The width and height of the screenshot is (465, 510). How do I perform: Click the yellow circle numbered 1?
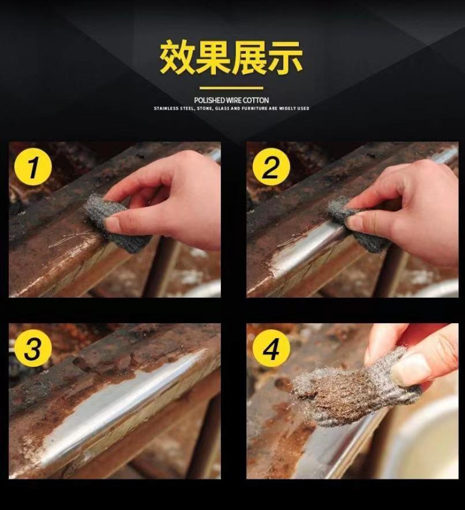[33, 167]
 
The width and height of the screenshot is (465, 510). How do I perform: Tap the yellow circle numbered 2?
[271, 167]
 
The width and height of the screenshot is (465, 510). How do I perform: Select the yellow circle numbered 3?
[33, 348]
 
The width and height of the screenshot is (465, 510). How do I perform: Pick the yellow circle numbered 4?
[271, 348]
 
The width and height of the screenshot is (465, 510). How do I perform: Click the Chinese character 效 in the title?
[178, 58]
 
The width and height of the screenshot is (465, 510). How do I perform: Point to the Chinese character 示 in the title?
[285, 58]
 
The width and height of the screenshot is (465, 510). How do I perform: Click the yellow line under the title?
[231, 88]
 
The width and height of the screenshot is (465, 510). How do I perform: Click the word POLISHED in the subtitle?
[209, 100]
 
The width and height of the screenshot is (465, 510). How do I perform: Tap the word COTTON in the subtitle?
[256, 100]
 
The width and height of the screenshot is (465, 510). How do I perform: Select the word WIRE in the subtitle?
[234, 100]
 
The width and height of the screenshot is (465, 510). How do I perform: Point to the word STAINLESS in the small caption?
[166, 108]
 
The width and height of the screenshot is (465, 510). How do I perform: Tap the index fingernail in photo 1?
[114, 223]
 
